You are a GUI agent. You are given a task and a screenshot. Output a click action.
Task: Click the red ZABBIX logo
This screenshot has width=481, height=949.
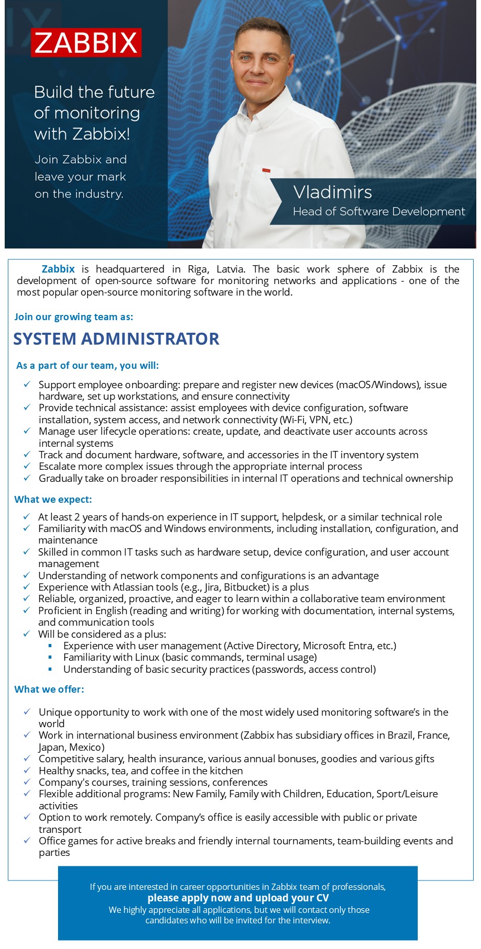[86, 42]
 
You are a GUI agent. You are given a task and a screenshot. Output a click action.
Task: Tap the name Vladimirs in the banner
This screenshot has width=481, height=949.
[333, 192]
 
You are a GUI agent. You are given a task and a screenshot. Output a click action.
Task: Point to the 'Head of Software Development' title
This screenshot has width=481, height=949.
[379, 211]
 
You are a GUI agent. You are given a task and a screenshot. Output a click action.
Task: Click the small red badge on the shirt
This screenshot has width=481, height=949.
[266, 170]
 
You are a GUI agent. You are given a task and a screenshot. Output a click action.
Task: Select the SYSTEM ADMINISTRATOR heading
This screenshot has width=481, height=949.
[116, 339]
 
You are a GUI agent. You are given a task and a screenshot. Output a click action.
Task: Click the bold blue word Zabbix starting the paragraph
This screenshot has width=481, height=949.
[58, 269]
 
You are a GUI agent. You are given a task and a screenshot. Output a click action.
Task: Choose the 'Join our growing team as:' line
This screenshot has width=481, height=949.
[74, 317]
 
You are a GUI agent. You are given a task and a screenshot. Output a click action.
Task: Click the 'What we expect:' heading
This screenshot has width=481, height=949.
[53, 499]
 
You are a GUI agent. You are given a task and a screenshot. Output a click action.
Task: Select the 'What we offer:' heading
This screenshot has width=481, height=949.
[49, 689]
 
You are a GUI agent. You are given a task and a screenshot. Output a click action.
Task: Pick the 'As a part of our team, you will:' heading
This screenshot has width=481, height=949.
[87, 365]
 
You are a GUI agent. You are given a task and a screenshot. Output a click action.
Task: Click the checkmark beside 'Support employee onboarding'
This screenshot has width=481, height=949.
[27, 385]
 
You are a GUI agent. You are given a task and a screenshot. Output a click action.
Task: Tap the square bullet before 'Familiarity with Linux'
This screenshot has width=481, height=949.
[51, 658]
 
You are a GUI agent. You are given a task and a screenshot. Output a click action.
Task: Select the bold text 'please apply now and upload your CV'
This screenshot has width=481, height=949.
[238, 898]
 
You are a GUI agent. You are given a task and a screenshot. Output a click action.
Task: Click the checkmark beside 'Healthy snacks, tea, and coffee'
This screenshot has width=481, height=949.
[27, 771]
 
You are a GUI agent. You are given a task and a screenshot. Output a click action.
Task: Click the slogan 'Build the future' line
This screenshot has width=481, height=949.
[94, 92]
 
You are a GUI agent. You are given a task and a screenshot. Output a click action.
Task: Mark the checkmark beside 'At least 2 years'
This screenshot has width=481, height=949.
[27, 517]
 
